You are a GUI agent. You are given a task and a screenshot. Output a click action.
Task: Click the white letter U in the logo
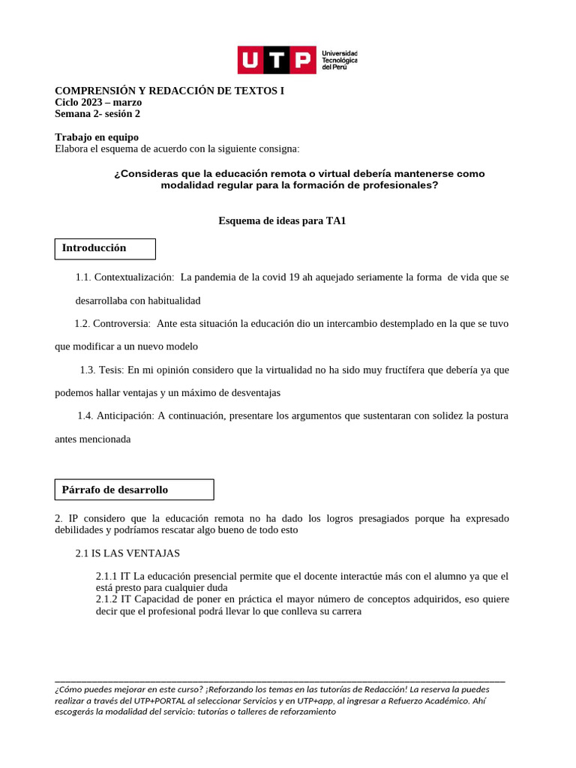click(250, 60)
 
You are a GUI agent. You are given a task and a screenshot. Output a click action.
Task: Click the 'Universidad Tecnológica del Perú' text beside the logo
click(339, 60)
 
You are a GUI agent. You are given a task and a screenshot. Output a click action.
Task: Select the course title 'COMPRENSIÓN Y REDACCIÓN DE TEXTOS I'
click(169, 91)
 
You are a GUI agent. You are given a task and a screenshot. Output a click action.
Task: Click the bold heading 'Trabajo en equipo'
click(97, 137)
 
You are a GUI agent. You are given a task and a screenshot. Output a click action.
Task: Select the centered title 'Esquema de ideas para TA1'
click(282, 220)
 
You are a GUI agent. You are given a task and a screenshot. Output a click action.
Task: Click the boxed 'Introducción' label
click(94, 248)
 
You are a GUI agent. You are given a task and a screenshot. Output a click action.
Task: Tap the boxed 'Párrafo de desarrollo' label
click(115, 490)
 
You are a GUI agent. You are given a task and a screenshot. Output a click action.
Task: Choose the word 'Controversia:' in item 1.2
click(121, 323)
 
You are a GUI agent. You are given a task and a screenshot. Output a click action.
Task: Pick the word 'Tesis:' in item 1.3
click(112, 370)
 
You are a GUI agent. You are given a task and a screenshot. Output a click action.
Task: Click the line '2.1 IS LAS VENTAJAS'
click(127, 553)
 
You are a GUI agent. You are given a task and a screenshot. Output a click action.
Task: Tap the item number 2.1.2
click(106, 599)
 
